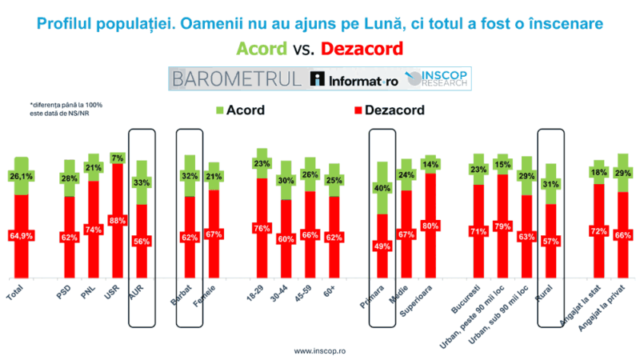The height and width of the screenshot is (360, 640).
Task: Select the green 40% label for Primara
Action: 382,189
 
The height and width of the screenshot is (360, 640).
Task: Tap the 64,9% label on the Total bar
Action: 21,236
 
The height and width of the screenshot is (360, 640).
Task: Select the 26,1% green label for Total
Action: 21,177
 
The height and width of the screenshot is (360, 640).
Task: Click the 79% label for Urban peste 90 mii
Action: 502,226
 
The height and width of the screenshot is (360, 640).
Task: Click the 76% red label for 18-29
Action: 261,228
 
